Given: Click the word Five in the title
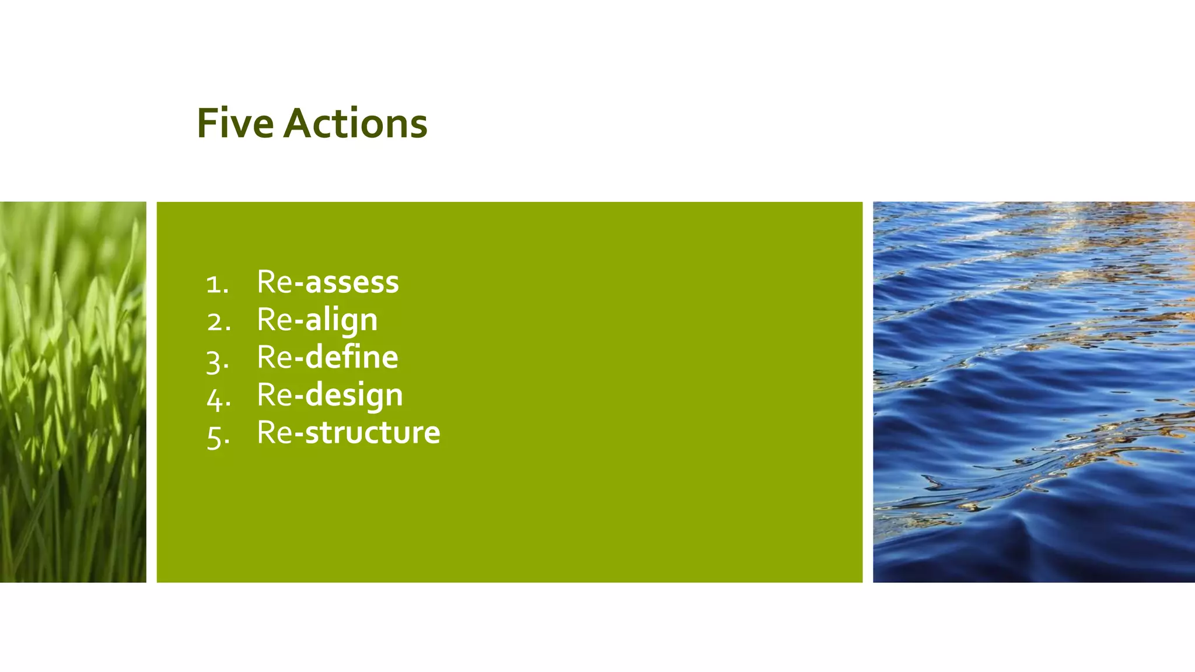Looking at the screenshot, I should click(235, 124).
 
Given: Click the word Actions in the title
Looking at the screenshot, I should click(355, 124).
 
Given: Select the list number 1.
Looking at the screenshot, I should click(216, 285).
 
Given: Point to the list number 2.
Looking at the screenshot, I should click(218, 322).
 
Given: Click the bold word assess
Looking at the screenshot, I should click(352, 282).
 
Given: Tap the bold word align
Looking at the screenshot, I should click(341, 320).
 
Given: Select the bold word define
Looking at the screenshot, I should click(352, 357).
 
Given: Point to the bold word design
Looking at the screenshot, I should click(354, 395).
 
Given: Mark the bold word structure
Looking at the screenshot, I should click(372, 433).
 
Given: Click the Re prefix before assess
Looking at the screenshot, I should click(274, 282).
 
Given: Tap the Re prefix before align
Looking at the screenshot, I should click(274, 320).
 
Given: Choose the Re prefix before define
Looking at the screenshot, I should click(274, 357).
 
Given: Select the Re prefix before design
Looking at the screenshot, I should click(274, 395).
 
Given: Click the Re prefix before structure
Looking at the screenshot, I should click(274, 433).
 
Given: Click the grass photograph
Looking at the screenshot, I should click(73, 392).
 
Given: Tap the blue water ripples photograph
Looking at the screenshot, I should click(1033, 392).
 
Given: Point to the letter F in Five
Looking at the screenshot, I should click(207, 124).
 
